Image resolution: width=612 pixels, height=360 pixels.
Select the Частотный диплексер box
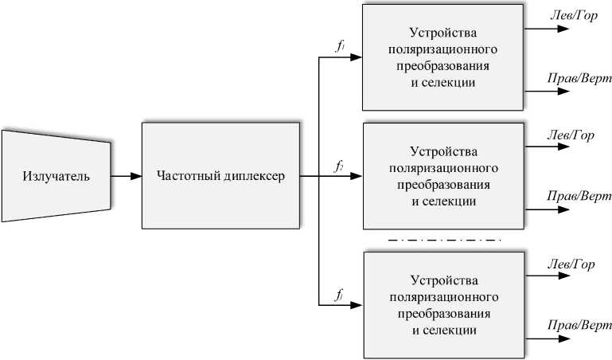[x=220, y=176]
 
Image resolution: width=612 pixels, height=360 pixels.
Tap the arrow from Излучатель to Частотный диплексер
[x=126, y=176]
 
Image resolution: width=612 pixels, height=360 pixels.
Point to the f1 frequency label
[x=340, y=46]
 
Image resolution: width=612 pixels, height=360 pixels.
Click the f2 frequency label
[x=340, y=166]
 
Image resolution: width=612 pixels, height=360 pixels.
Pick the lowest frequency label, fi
[x=340, y=296]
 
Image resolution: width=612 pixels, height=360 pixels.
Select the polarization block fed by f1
[x=443, y=57]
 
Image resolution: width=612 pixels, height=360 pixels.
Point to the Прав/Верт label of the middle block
[x=579, y=196]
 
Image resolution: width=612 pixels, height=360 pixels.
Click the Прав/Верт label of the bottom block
[x=579, y=325]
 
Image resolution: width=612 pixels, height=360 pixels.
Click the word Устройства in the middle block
[x=443, y=150]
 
